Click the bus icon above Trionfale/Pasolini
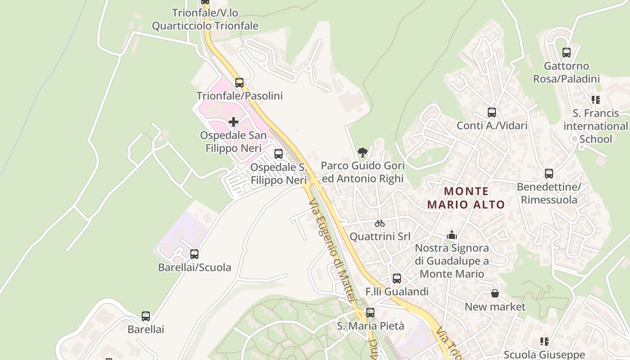click(239, 83)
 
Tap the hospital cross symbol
click(234, 121)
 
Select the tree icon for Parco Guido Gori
click(362, 153)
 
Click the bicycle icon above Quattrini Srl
click(380, 223)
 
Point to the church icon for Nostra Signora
click(452, 235)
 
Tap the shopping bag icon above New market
click(495, 294)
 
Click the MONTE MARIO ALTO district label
click(466, 198)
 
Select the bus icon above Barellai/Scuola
click(194, 254)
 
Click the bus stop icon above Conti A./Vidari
click(492, 112)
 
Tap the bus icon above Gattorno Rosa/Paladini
click(567, 53)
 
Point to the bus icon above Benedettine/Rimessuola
click(549, 174)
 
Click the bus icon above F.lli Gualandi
click(397, 279)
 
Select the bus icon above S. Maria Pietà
click(370, 312)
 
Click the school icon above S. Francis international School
click(596, 100)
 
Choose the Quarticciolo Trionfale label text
click(205, 26)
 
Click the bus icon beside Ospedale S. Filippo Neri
click(279, 154)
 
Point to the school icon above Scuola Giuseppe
click(544, 342)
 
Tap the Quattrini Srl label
click(380, 236)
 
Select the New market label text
click(495, 307)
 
